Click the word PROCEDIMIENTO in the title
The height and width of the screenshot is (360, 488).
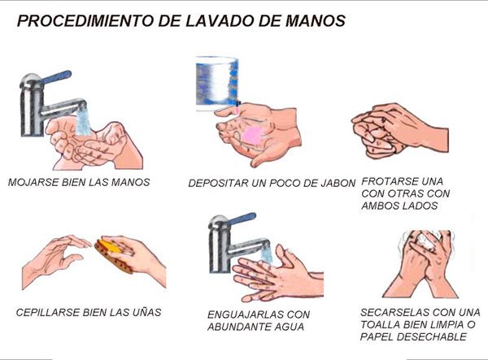tap(85, 20)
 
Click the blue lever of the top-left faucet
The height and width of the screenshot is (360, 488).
tap(56, 76)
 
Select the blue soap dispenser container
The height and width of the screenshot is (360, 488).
tap(217, 84)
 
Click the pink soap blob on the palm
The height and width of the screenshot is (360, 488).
tap(252, 136)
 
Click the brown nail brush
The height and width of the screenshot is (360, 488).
tap(114, 254)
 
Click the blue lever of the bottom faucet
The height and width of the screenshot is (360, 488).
tap(242, 219)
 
